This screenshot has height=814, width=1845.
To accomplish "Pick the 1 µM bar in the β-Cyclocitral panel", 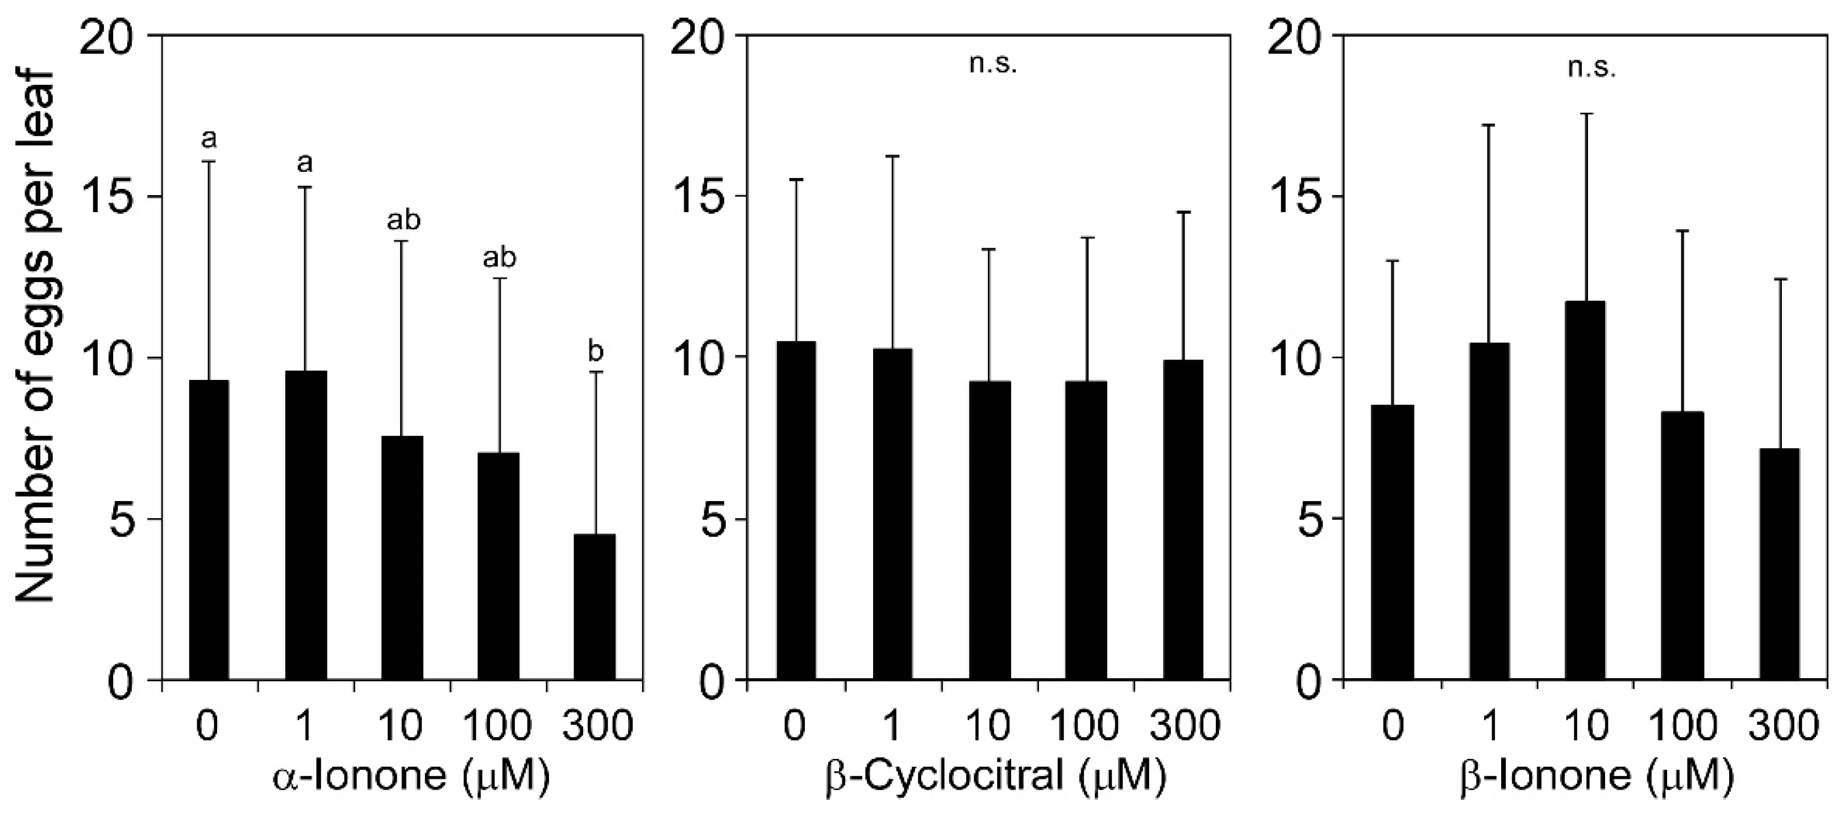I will click(x=892, y=516).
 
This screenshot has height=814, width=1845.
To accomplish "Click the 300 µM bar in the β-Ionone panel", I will click(x=1779, y=565).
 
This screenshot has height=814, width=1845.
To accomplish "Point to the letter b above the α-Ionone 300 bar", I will click(x=595, y=353).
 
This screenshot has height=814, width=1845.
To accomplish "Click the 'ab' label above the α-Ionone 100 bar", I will click(x=499, y=257).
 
